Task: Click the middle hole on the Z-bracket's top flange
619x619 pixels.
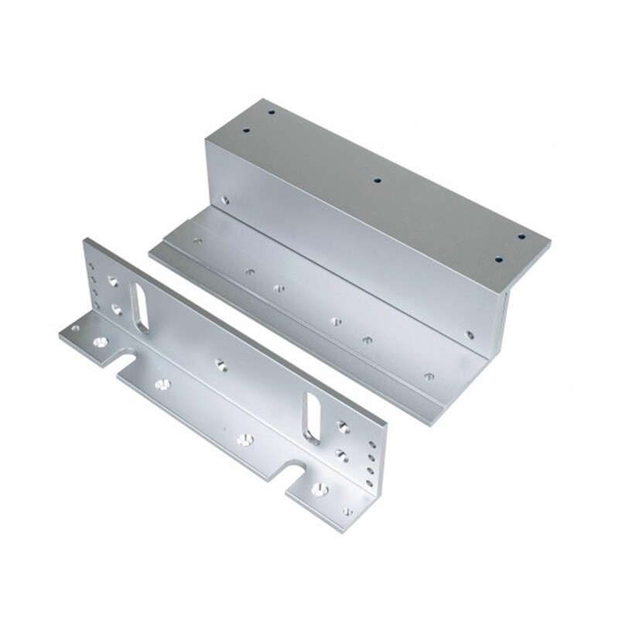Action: click(x=377, y=180)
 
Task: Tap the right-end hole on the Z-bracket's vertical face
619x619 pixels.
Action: click(x=469, y=335)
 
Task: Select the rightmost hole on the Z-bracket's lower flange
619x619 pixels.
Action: click(x=429, y=377)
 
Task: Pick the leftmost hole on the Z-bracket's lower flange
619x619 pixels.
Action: click(x=198, y=241)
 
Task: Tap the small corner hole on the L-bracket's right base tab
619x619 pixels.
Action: click(x=345, y=511)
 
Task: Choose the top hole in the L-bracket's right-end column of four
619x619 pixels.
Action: click(x=372, y=445)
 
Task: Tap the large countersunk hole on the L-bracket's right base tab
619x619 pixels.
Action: click(x=316, y=488)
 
